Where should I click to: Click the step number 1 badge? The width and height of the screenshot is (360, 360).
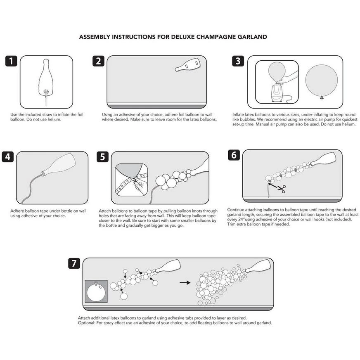coord(12,62)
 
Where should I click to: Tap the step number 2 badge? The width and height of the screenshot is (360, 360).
coord(98,62)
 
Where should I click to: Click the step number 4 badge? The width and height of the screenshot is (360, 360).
coord(8,157)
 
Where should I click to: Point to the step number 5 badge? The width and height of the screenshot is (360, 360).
coord(102,157)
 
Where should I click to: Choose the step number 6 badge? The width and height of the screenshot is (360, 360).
coord(234,155)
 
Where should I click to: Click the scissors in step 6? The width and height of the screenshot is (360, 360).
coord(281,189)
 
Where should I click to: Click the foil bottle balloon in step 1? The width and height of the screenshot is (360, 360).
coord(47,79)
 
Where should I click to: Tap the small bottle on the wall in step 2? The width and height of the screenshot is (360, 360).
coord(188,65)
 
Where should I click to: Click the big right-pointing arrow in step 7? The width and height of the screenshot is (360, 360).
coord(185,283)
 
